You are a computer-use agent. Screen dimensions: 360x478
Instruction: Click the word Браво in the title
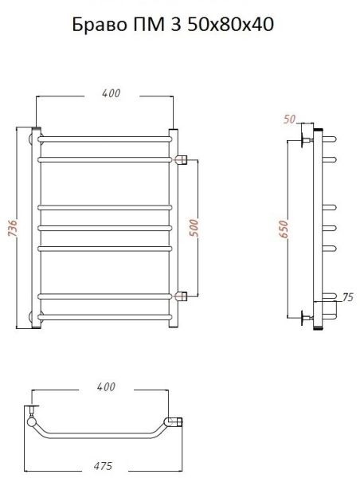coord(99,24)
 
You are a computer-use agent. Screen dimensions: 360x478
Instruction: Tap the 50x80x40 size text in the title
coord(230,24)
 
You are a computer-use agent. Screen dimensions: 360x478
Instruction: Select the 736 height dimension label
coord(11,229)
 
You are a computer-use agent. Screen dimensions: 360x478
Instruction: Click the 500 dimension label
coord(194,228)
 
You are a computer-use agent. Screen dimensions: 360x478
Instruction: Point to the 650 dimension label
coord(284,229)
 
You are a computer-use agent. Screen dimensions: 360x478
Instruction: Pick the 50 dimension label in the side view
coord(289,119)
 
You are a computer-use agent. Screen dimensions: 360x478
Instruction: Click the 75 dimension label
coord(347,297)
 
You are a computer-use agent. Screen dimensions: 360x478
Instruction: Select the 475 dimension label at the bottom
coord(102,465)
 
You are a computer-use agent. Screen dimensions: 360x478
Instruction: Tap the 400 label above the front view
coord(112,93)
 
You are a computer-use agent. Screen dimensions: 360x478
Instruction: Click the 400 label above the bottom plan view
coord(106,387)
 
